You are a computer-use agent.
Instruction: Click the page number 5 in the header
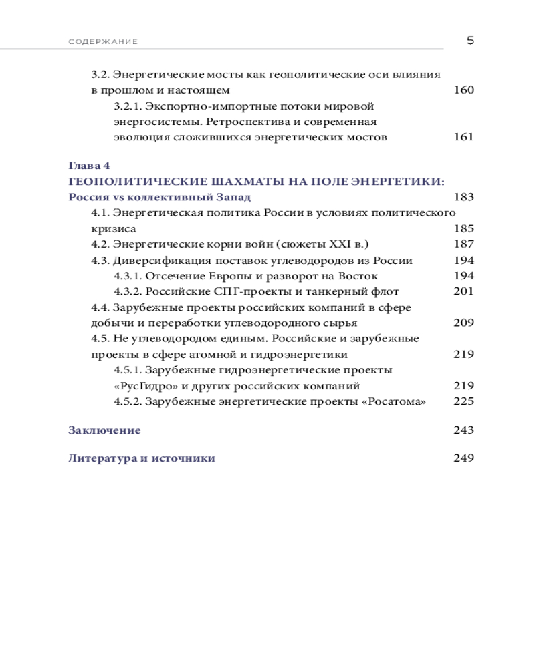click(469, 40)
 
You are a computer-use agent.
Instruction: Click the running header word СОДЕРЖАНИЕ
click(103, 42)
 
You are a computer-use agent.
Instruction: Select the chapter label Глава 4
click(89, 165)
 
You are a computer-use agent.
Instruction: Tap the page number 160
click(463, 90)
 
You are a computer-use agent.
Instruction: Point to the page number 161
click(463, 137)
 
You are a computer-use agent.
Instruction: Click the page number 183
click(463, 197)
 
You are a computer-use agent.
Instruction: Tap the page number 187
click(463, 244)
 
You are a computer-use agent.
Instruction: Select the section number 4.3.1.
click(128, 275)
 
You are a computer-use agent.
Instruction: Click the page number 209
click(463, 323)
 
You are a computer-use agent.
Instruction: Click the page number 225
click(463, 401)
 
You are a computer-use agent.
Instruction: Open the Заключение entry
click(104, 430)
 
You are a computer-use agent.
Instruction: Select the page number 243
click(463, 430)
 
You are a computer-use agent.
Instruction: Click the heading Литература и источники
click(142, 458)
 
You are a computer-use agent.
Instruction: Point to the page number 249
click(463, 458)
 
